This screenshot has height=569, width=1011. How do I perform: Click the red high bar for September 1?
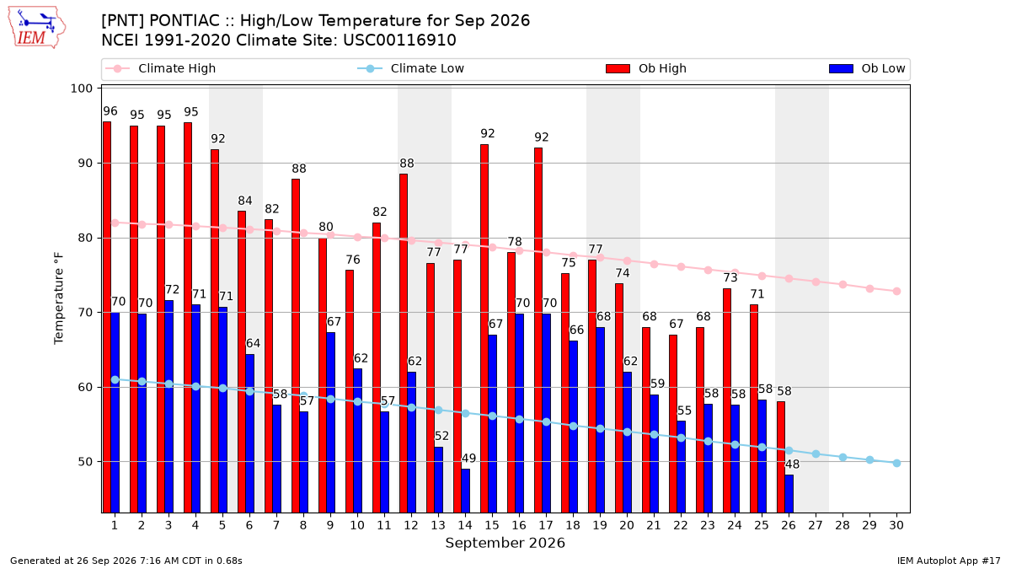(107, 317)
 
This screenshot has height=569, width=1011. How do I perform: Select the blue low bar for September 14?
(465, 491)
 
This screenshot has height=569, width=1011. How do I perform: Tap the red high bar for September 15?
(484, 328)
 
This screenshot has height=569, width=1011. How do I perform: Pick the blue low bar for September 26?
(789, 494)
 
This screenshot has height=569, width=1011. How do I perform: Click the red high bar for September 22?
(673, 423)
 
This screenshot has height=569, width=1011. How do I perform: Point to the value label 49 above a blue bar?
(468, 459)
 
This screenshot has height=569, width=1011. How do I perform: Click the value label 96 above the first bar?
(110, 111)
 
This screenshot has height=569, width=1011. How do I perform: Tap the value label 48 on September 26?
(792, 464)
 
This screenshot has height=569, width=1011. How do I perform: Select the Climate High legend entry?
(161, 68)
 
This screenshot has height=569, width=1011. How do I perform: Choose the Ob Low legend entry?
(867, 68)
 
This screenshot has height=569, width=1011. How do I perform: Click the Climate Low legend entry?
(411, 68)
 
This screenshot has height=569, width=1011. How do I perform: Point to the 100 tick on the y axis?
(81, 88)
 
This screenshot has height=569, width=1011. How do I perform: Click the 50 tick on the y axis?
(85, 462)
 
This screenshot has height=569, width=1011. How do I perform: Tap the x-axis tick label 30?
(896, 525)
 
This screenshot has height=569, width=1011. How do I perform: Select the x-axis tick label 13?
(438, 525)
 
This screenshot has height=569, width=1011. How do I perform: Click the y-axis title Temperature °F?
(59, 298)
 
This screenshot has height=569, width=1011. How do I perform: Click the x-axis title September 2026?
(505, 543)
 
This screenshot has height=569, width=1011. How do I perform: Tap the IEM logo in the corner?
(36, 28)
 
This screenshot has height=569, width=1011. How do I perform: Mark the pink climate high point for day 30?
(896, 292)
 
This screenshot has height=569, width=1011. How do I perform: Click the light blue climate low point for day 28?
(842, 458)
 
